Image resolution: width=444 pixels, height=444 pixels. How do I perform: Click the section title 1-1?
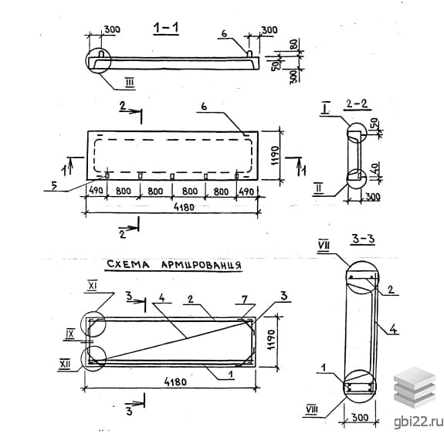pyautogui.click(x=166, y=28)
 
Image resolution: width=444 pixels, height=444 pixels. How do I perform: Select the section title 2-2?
pyautogui.click(x=357, y=103)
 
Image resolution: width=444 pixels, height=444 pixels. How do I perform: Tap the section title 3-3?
pyautogui.click(x=363, y=239)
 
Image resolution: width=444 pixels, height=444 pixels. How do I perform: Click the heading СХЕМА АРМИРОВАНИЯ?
pyautogui.click(x=174, y=265)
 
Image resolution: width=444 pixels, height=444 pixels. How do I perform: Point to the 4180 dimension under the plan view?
pyautogui.click(x=184, y=207)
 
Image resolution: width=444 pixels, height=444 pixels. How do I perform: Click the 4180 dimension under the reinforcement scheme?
pyautogui.click(x=175, y=382)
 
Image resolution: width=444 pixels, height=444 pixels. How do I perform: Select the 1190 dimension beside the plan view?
pyautogui.click(x=275, y=156)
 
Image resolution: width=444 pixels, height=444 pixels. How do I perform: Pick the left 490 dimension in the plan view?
pyautogui.click(x=96, y=190)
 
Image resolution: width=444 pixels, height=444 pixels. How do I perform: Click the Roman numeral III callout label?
pyautogui.click(x=130, y=83)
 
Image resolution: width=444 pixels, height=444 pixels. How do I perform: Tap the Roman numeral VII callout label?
pyautogui.click(x=324, y=246)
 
